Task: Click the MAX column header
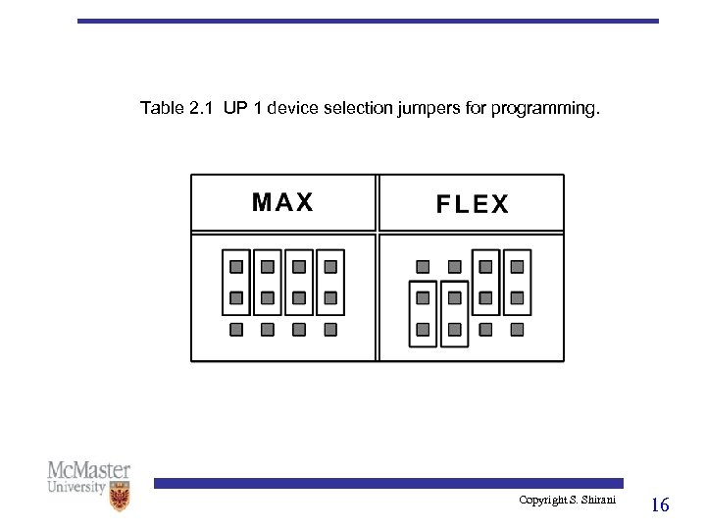point(282,202)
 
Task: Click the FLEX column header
point(472,204)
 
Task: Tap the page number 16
point(660,505)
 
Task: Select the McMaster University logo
point(89,485)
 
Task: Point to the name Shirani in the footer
point(598,501)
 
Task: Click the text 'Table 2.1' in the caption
point(176,108)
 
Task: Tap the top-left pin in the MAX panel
point(236,266)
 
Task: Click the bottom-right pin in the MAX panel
point(330,329)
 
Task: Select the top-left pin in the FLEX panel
point(423,266)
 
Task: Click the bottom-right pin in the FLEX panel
point(517,329)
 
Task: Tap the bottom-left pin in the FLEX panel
point(423,329)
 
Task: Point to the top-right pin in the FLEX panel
point(517,266)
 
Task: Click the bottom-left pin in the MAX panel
point(236,329)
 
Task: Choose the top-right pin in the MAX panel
point(330,266)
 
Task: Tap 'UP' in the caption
point(234,108)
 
